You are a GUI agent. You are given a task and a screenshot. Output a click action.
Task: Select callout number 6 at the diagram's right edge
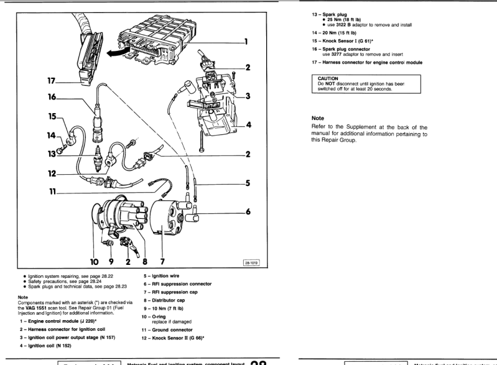[x=247, y=212]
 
